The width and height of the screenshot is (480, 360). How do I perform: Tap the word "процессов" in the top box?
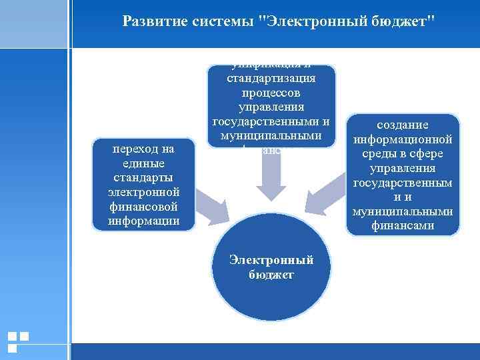click(x=271, y=93)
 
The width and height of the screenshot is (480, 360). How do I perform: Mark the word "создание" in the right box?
click(x=403, y=125)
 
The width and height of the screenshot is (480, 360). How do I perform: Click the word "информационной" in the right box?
click(x=403, y=139)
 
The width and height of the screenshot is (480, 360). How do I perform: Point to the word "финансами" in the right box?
click(x=403, y=226)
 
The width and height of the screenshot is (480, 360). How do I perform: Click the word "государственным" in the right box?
click(x=403, y=183)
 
